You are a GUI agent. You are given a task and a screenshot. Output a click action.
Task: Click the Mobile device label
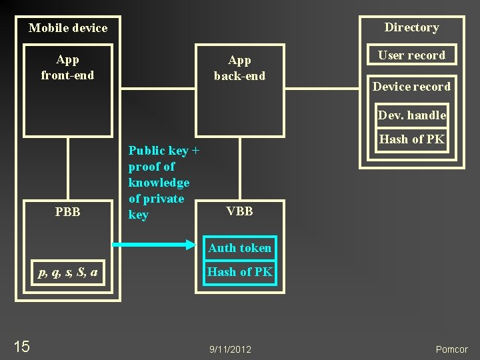pyautogui.click(x=68, y=28)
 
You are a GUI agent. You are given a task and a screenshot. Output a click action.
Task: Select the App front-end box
pyautogui.click(x=68, y=90)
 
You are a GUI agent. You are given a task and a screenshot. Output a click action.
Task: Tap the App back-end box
pyautogui.click(x=239, y=90)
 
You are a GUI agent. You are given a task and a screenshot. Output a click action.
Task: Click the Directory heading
pyautogui.click(x=411, y=27)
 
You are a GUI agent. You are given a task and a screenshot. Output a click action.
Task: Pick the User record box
pyautogui.click(x=411, y=55)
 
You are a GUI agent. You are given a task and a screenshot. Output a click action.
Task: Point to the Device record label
pyautogui.click(x=411, y=87)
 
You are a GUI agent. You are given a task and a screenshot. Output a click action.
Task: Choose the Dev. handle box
pyautogui.click(x=411, y=115)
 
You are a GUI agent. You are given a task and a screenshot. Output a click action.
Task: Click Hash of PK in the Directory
pyautogui.click(x=411, y=139)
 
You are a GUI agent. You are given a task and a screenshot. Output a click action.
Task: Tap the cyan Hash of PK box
pyautogui.click(x=239, y=272)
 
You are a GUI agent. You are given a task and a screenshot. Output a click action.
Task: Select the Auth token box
pyautogui.click(x=239, y=248)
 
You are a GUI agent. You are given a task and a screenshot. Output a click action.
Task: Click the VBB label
pyautogui.click(x=239, y=211)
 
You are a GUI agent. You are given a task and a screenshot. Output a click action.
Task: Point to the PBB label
pyautogui.click(x=68, y=212)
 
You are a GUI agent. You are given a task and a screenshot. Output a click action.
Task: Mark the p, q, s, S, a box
pyautogui.click(x=68, y=272)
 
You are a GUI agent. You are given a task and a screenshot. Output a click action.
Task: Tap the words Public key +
pyautogui.click(x=164, y=151)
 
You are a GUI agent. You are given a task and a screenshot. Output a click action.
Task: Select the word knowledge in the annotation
pyautogui.click(x=159, y=183)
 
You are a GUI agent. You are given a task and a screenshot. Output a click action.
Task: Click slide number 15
pyautogui.click(x=21, y=346)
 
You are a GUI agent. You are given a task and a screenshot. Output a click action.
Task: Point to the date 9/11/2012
pyautogui.click(x=230, y=349)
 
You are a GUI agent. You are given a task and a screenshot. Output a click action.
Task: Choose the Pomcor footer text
pyautogui.click(x=451, y=349)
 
